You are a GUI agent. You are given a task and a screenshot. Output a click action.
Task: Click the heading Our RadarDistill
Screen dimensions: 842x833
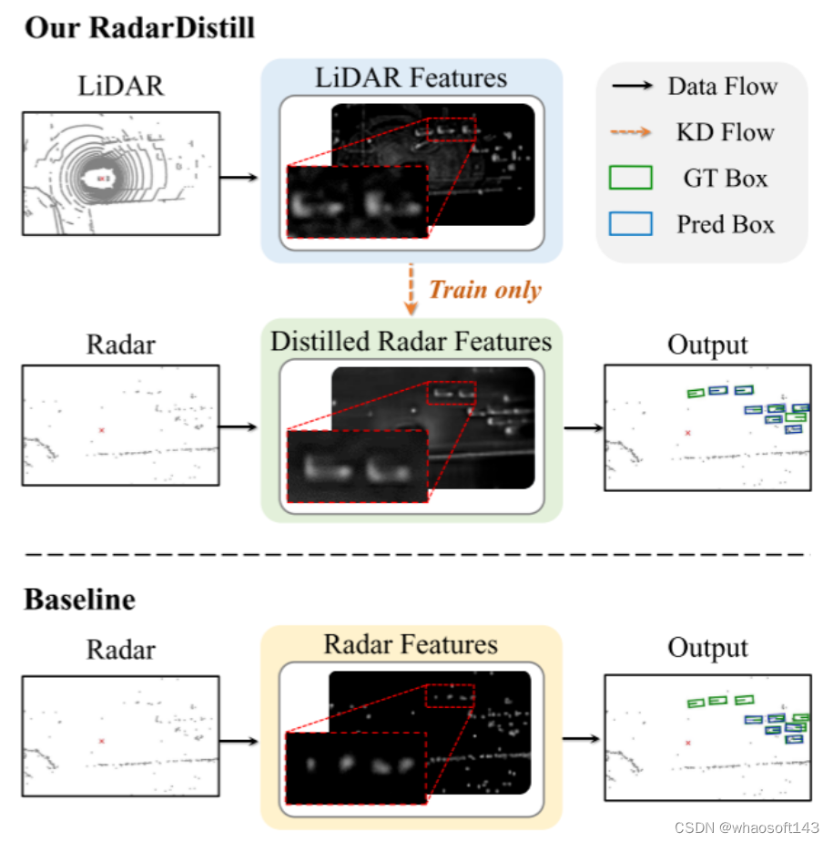click(x=139, y=27)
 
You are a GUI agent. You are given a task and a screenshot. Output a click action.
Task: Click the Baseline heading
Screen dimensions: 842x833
click(x=79, y=600)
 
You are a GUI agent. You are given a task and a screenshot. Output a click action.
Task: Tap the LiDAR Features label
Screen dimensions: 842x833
click(x=411, y=77)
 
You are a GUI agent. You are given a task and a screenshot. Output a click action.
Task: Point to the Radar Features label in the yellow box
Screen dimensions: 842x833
click(x=411, y=645)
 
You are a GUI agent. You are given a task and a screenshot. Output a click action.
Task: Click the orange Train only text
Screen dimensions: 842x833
click(x=484, y=290)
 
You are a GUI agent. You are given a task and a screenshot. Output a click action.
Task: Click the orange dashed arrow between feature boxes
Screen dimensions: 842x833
click(x=411, y=290)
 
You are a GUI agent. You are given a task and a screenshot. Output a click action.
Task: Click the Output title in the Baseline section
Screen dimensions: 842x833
click(x=707, y=649)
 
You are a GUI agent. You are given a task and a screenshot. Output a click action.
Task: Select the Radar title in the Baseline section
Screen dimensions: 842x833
click(x=120, y=650)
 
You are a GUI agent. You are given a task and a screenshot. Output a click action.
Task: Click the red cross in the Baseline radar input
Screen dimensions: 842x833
click(x=102, y=742)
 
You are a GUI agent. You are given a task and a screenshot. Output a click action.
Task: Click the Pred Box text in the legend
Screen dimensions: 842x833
click(x=726, y=223)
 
